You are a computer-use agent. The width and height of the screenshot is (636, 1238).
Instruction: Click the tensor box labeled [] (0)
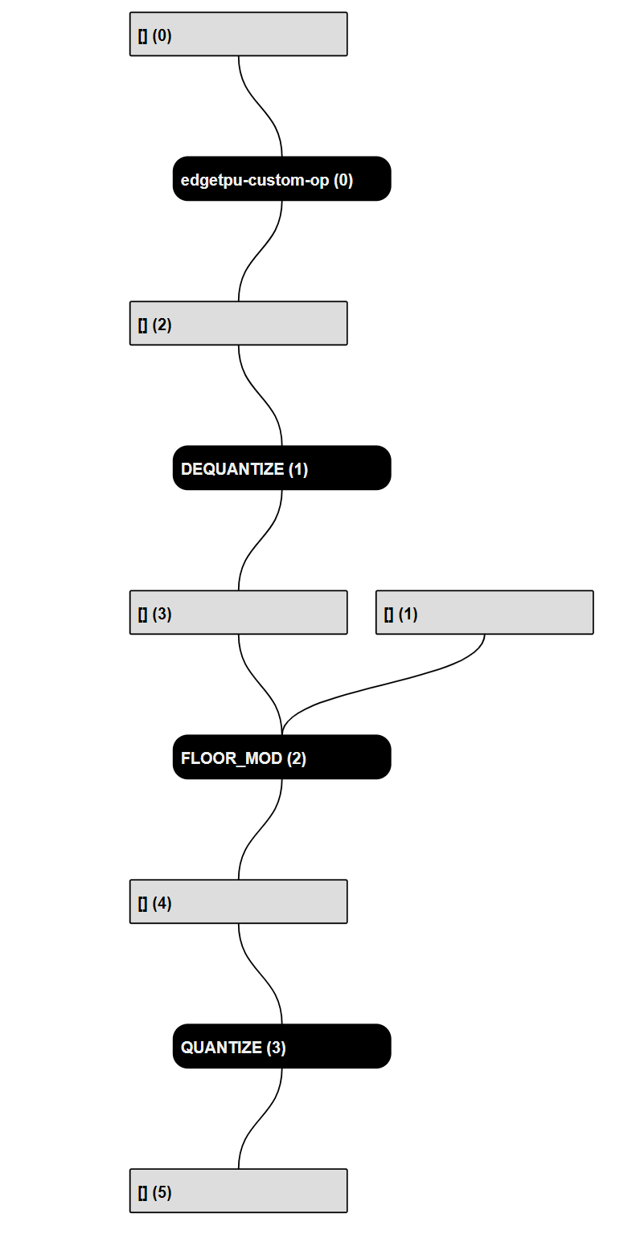tap(238, 35)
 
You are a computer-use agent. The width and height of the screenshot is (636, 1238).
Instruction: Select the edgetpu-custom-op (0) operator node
tap(281, 179)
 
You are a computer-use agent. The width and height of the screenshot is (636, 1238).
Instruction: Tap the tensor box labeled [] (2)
tap(238, 324)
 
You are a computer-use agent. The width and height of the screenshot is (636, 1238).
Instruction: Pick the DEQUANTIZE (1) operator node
tap(281, 468)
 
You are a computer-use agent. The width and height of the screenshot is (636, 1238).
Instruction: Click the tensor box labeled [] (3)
tap(238, 613)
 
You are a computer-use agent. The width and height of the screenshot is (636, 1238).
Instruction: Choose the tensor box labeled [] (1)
tap(484, 613)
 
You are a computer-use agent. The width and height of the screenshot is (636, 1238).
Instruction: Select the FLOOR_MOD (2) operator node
tap(281, 758)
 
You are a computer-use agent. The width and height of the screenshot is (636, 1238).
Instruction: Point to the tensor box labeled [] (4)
tap(238, 902)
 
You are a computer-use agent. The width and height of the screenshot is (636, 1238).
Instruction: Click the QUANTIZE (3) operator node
tap(281, 1047)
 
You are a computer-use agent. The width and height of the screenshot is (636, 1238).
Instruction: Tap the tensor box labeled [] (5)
tap(238, 1191)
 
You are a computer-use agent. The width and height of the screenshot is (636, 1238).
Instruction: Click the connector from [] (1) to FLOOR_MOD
tap(378, 684)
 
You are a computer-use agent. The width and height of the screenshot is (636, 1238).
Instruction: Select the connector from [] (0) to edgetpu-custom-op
tap(261, 106)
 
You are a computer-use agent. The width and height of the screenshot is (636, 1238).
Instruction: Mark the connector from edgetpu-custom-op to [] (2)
tap(259, 251)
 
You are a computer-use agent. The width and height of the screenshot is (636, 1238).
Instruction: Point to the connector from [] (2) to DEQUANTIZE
tap(261, 395)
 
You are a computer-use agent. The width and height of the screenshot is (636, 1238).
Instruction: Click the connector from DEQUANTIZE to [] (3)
tap(259, 541)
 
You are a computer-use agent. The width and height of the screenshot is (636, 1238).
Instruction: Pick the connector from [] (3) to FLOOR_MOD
tap(261, 684)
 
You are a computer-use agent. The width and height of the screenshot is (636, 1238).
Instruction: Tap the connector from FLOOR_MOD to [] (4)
tap(259, 830)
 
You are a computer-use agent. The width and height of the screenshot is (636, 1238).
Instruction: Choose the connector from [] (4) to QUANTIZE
tap(261, 974)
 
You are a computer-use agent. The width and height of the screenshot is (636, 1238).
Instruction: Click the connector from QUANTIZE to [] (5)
tap(259, 1119)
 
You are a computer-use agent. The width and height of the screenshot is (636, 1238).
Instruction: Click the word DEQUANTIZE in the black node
tap(232, 469)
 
